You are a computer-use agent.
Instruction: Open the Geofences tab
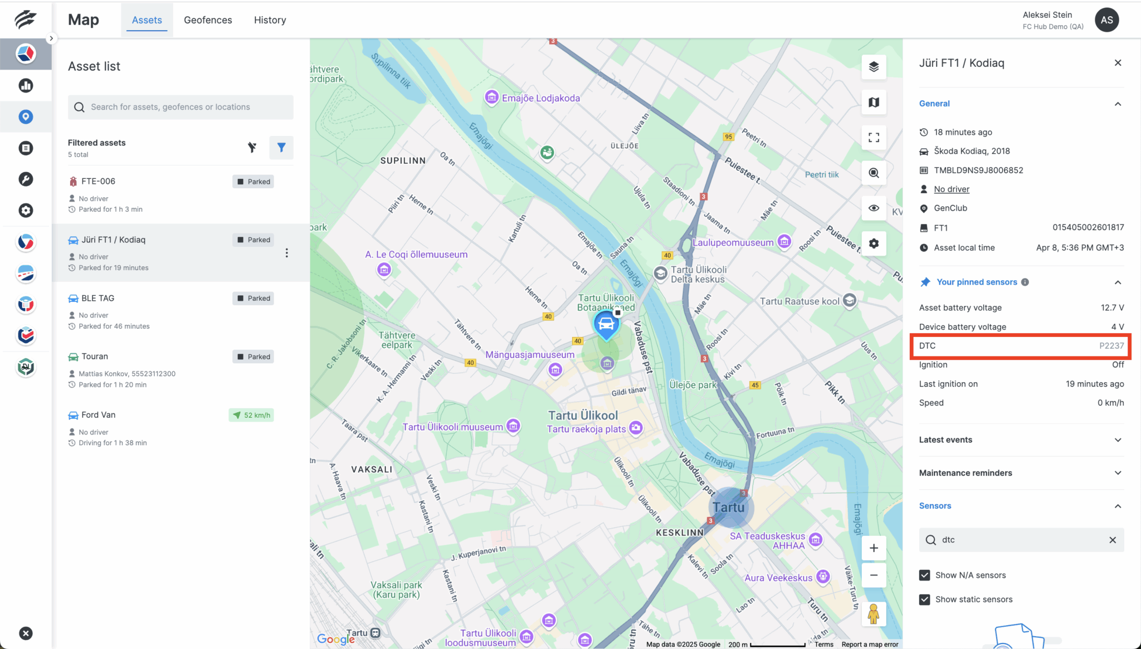point(208,20)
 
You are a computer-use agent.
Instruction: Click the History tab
point(270,20)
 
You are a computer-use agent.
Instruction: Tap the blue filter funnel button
point(281,148)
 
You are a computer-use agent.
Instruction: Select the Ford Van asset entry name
point(99,415)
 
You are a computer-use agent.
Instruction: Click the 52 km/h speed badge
point(251,416)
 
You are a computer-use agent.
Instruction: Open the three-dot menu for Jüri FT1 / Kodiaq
point(287,253)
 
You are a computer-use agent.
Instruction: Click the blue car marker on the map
point(606,324)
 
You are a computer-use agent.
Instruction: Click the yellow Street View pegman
point(874,614)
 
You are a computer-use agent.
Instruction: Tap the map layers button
point(874,67)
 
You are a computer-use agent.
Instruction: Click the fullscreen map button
point(874,138)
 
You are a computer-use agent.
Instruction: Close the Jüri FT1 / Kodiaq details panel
point(1118,63)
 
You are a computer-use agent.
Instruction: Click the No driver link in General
point(952,189)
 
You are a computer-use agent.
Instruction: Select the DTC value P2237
point(1111,346)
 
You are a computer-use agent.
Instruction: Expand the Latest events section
point(1021,440)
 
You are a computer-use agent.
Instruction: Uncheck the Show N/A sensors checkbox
point(925,575)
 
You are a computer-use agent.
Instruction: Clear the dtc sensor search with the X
point(1113,540)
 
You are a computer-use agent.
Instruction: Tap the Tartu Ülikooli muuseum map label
point(452,427)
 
